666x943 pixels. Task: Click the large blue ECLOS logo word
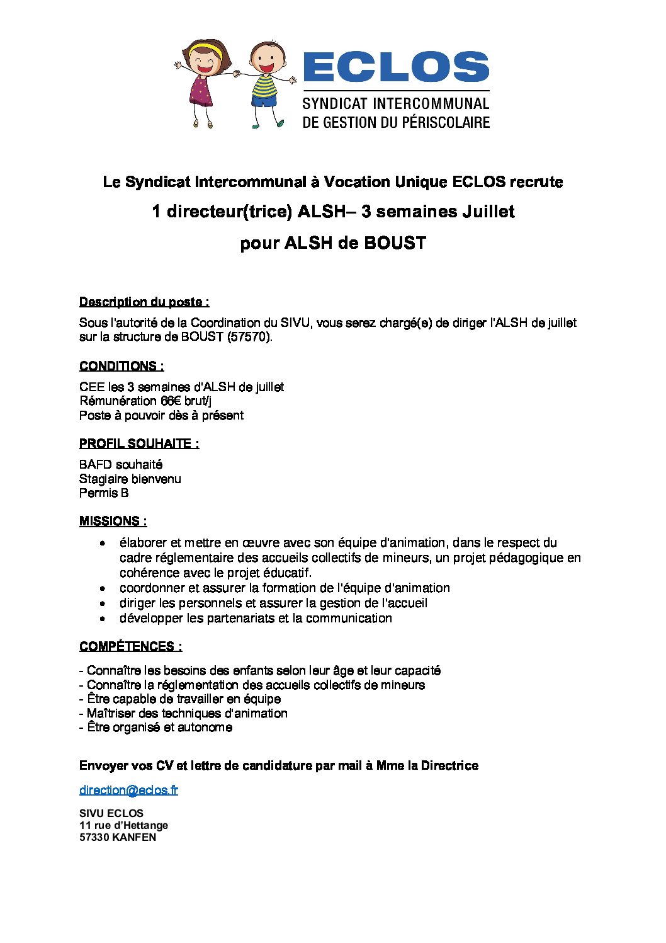[x=396, y=67]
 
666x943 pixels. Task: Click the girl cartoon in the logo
[x=205, y=82]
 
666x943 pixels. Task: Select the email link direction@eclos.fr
[x=128, y=790]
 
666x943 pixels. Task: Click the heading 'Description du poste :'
[x=144, y=302]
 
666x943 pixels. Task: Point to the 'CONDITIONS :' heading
[x=121, y=366]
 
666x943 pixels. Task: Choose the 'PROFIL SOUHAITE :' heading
[x=139, y=443]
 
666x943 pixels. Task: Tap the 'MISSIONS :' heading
[x=113, y=521]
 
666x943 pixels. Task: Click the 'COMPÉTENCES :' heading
[x=131, y=646]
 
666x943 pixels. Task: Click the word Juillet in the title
[x=488, y=212]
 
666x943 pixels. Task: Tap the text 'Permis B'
[x=104, y=493]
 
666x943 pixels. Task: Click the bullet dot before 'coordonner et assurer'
[x=103, y=588]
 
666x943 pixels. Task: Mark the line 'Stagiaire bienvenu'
[x=130, y=479]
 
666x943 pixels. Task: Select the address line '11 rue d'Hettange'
[x=123, y=825]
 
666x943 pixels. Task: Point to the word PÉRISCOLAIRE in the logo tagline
[x=438, y=122]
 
